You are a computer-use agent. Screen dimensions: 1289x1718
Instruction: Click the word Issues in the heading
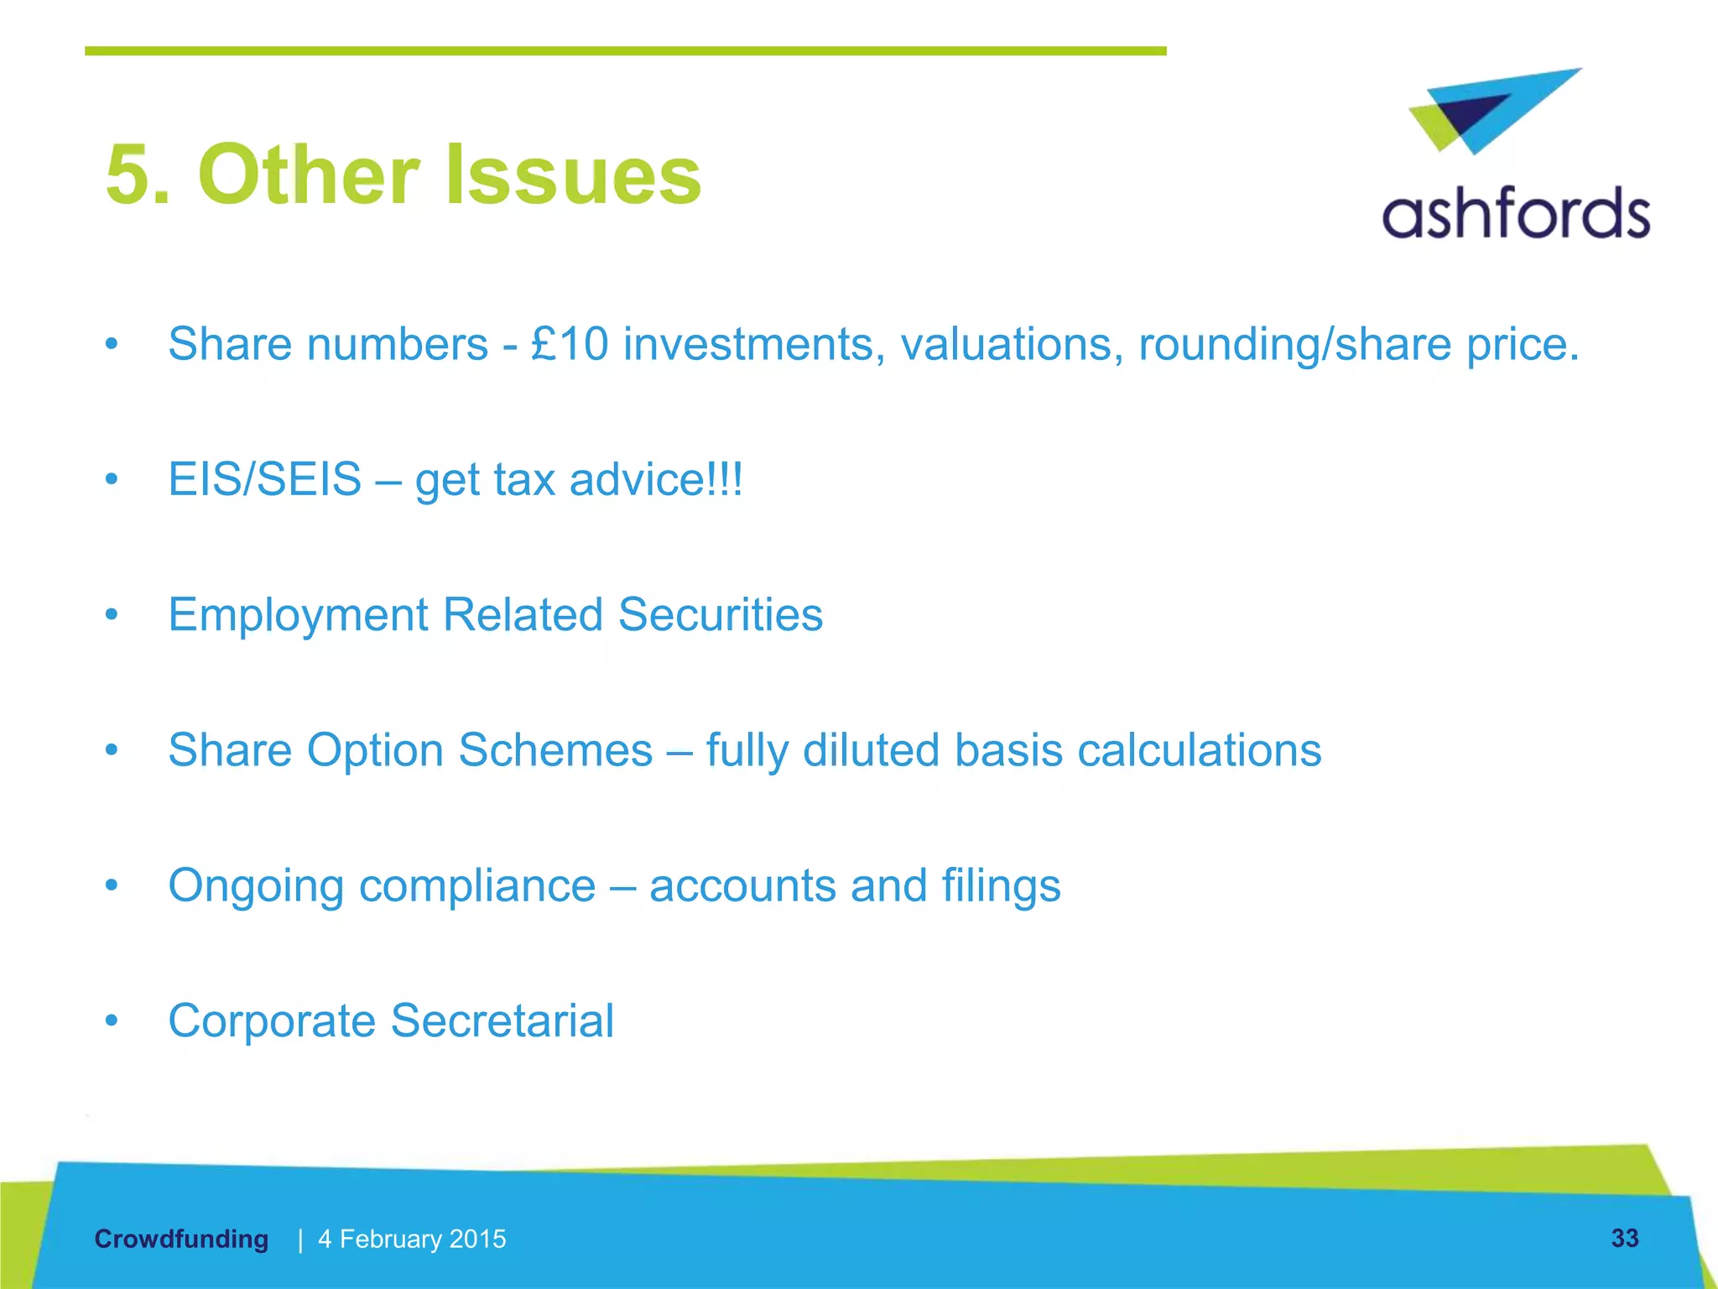coord(572,175)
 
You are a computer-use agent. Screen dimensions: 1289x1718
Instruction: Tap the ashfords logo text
coord(1515,214)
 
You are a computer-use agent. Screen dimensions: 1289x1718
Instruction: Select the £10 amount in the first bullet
coord(570,344)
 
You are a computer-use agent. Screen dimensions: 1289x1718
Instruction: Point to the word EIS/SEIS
coord(264,479)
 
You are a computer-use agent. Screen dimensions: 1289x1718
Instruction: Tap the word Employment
coord(298,615)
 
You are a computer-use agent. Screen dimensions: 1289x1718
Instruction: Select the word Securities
coord(720,615)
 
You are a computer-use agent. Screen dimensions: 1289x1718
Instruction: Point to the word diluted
coord(871,750)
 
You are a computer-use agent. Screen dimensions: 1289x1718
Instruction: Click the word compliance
coord(476,886)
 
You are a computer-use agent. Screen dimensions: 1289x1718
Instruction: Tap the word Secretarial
coord(502,1021)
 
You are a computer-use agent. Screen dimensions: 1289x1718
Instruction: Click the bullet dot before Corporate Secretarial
coord(112,1021)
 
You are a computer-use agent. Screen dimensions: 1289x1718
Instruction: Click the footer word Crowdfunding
coord(181,1239)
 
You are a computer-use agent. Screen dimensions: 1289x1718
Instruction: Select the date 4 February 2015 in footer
coord(412,1239)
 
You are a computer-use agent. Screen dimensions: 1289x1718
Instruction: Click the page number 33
coord(1624,1238)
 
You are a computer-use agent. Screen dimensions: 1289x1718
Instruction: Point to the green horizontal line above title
coord(625,51)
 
